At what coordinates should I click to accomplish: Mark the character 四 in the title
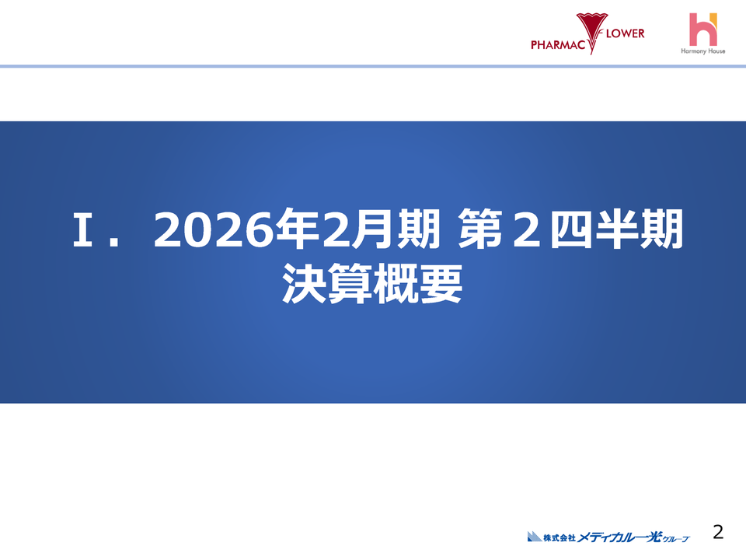(x=571, y=231)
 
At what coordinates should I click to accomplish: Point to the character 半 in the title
(x=617, y=231)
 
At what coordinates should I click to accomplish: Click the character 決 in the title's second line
(x=305, y=284)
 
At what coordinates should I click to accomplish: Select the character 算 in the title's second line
(x=350, y=284)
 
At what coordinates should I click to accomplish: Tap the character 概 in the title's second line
(x=395, y=284)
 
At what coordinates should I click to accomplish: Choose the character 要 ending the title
(x=441, y=284)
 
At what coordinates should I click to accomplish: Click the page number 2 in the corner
(x=718, y=532)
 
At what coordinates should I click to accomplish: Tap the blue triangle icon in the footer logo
(x=534, y=536)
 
